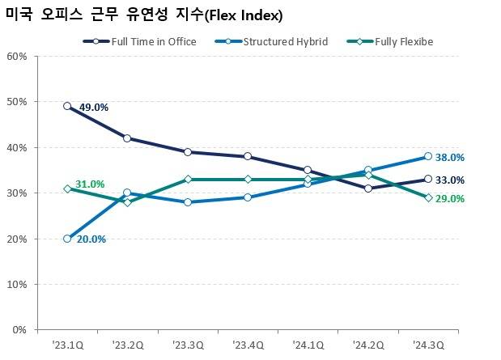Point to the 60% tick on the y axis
(17, 57)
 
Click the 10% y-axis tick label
(17, 285)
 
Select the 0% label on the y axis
(19, 330)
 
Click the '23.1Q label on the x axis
(67, 345)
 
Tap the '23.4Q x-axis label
(247, 345)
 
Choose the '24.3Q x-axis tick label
(427, 345)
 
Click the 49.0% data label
(93, 107)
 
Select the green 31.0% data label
(90, 184)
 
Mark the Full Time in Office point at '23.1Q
(67, 106)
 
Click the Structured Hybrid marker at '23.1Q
(67, 239)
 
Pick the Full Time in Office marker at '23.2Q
(127, 138)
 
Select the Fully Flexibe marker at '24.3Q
(427, 197)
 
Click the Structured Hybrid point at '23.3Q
(187, 202)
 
